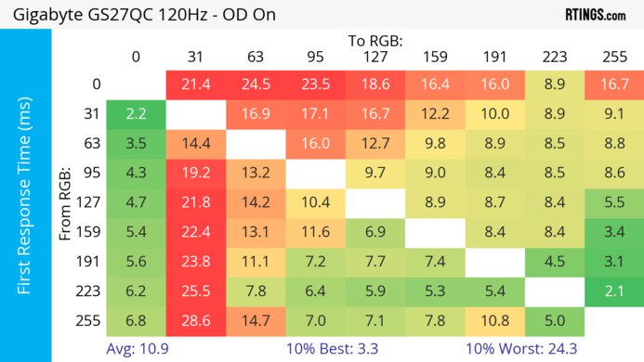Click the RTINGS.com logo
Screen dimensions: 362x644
tap(595, 15)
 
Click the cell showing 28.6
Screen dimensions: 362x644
tap(195, 321)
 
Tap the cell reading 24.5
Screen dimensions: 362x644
tap(256, 84)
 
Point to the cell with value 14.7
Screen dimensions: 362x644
tap(256, 321)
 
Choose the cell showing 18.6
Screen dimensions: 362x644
tap(375, 84)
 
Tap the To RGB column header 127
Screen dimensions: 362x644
tap(375, 57)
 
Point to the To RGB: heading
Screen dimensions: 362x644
tap(375, 41)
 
